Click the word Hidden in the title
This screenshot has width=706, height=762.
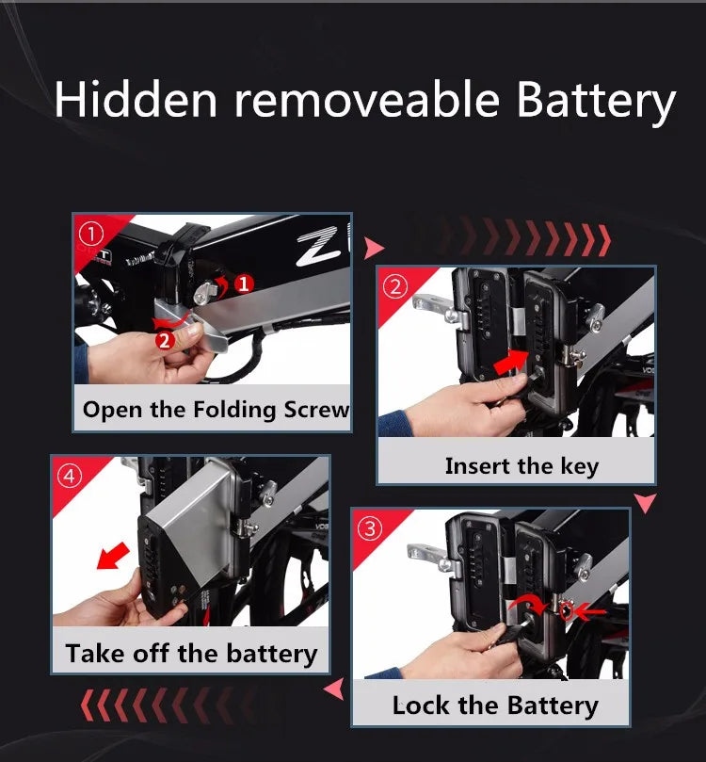click(x=136, y=99)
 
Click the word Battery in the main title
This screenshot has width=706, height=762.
click(x=596, y=101)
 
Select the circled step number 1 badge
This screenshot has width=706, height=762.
click(x=91, y=235)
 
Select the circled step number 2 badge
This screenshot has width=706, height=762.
click(x=395, y=286)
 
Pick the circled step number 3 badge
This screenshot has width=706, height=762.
click(x=370, y=528)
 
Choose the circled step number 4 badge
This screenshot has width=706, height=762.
click(x=70, y=477)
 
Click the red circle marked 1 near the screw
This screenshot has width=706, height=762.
click(x=244, y=284)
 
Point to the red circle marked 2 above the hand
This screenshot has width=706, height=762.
click(x=165, y=340)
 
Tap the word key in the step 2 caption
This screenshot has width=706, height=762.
click(x=580, y=467)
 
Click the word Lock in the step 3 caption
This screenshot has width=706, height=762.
click(x=421, y=705)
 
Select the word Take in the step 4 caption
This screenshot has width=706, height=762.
click(x=96, y=653)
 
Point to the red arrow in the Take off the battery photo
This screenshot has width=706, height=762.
click(x=113, y=556)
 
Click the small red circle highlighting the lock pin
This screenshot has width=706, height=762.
click(x=566, y=610)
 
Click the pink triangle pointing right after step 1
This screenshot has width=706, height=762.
click(x=374, y=248)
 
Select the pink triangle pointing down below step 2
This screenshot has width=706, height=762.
click(x=646, y=502)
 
